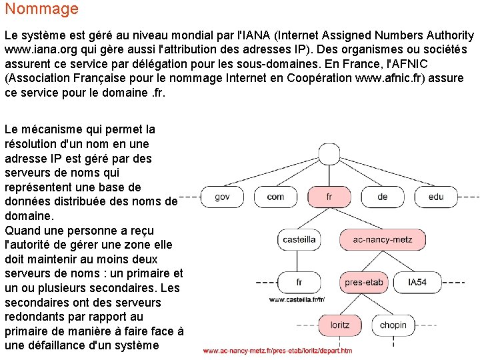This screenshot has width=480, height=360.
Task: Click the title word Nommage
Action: pyautogui.click(x=41, y=9)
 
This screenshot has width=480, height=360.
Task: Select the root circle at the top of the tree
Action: pyautogui.click(x=329, y=154)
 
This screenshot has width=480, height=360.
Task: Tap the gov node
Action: pyautogui.click(x=222, y=196)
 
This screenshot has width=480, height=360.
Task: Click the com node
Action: pyautogui.click(x=275, y=196)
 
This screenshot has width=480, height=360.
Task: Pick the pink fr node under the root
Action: pyautogui.click(x=329, y=196)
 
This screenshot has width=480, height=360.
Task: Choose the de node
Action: pyautogui.click(x=382, y=196)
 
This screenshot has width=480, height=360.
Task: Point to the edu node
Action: pyautogui.click(x=436, y=196)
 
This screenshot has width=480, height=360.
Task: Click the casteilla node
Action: pyautogui.click(x=299, y=239)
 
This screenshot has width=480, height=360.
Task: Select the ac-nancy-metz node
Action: pyautogui.click(x=373, y=239)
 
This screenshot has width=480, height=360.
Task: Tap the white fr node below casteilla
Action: pyautogui.click(x=299, y=282)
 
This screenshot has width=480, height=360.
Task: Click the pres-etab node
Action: pyautogui.click(x=363, y=282)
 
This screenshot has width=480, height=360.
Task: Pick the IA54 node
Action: pyautogui.click(x=417, y=282)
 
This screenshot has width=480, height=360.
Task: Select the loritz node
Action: pyautogui.click(x=339, y=325)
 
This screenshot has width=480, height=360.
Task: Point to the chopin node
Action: pyautogui.click(x=393, y=325)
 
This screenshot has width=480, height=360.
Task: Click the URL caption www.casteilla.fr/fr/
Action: pyautogui.click(x=297, y=300)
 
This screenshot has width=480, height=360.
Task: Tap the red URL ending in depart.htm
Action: pyautogui.click(x=277, y=351)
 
